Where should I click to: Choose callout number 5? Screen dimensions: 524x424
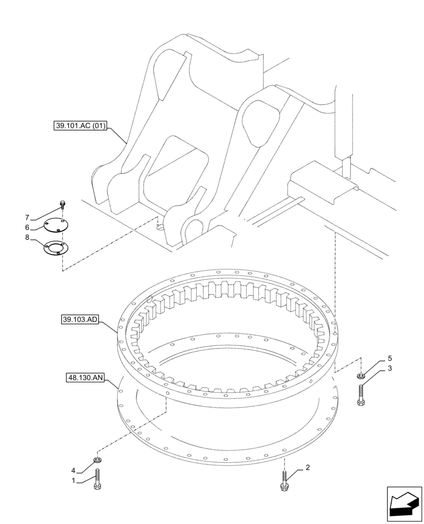pyautogui.click(x=390, y=358)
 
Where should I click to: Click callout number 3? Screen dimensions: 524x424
pyautogui.click(x=390, y=369)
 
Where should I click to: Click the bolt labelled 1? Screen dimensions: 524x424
pyautogui.click(x=97, y=481)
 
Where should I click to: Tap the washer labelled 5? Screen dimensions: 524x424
pyautogui.click(x=361, y=376)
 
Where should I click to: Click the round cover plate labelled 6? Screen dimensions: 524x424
pyautogui.click(x=56, y=226)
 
